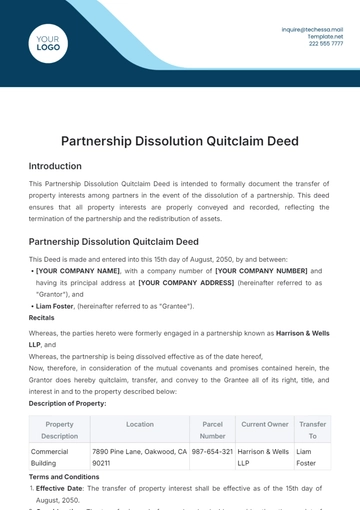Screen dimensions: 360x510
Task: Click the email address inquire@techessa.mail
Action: tap(312, 30)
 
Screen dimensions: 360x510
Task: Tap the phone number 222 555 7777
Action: tap(326, 43)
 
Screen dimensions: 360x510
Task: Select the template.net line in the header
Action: tap(326, 36)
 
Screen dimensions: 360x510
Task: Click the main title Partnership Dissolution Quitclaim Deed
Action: tap(180, 141)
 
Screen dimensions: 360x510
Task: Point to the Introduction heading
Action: tap(55, 166)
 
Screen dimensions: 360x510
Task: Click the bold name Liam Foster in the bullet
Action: tap(58, 305)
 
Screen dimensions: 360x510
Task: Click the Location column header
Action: tap(140, 424)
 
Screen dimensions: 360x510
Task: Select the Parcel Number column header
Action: tap(212, 430)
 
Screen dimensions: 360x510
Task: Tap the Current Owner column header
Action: tap(265, 424)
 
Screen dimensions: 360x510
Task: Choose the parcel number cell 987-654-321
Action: tap(212, 451)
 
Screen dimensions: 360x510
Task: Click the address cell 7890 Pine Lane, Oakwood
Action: tap(140, 457)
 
